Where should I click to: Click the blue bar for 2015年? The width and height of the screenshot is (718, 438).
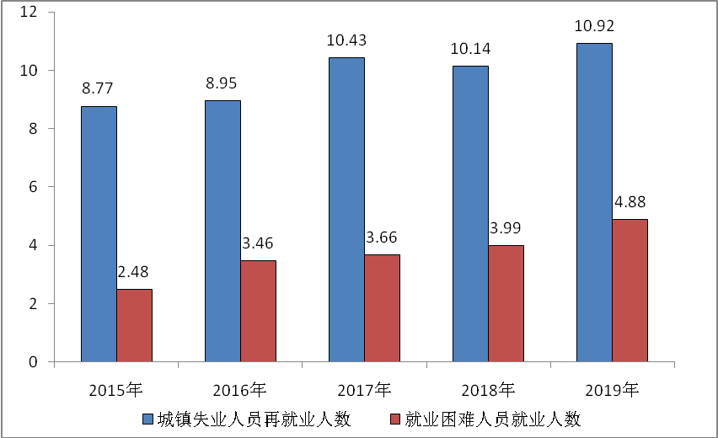pyautogui.click(x=99, y=234)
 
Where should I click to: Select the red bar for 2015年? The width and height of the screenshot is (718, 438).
pyautogui.click(x=134, y=325)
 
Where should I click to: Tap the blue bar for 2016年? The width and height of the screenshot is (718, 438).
pyautogui.click(x=222, y=231)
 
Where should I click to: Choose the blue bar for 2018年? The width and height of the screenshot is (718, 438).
pyautogui.click(x=470, y=214)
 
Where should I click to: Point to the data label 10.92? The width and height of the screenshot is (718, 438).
pyautogui.click(x=594, y=25)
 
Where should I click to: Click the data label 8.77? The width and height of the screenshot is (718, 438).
pyautogui.click(x=99, y=88)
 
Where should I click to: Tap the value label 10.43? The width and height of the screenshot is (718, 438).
pyautogui.click(x=346, y=40)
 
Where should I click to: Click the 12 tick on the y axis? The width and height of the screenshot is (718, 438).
pyautogui.click(x=31, y=13)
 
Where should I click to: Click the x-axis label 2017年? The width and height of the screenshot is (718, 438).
pyautogui.click(x=364, y=389)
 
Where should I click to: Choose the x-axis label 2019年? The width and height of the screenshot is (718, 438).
pyautogui.click(x=612, y=389)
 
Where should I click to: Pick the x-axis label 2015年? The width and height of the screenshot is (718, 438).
pyautogui.click(x=116, y=389)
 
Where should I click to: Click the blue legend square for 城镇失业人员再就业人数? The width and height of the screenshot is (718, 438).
pyautogui.click(x=147, y=419)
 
